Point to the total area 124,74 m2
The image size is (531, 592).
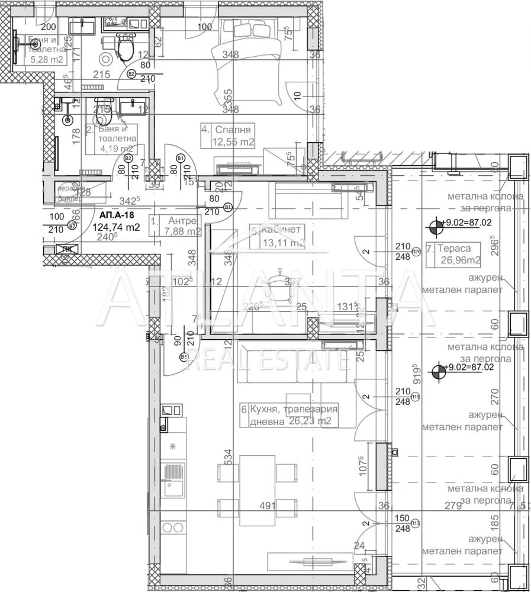click(116, 227)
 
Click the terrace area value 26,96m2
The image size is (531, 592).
click(458, 259)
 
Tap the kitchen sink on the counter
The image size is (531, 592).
click(174, 489)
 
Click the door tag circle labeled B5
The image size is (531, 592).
click(184, 357)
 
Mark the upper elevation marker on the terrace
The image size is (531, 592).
click(436, 224)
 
